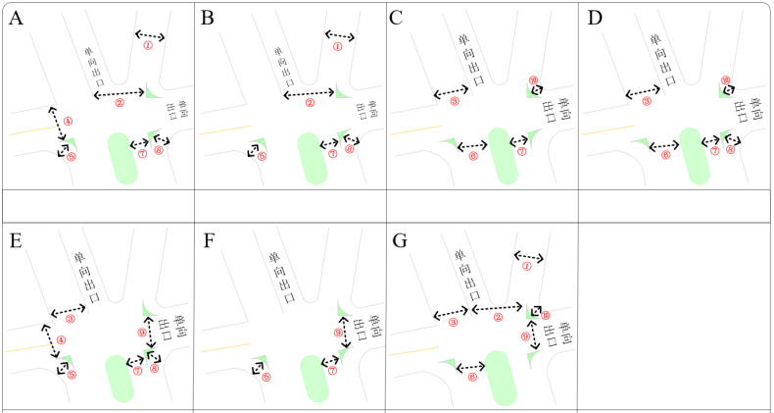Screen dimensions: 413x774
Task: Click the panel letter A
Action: click(x=17, y=17)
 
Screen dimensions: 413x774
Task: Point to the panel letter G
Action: click(x=400, y=240)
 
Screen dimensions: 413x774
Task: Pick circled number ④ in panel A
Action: click(x=68, y=122)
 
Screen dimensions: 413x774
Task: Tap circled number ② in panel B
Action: click(x=310, y=102)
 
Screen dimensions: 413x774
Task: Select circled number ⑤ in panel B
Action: click(x=262, y=156)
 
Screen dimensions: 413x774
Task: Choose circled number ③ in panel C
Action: click(x=454, y=101)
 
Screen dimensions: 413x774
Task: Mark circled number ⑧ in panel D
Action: click(x=731, y=150)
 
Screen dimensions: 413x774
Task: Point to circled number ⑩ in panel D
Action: click(x=725, y=79)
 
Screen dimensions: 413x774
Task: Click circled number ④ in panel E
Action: click(x=61, y=340)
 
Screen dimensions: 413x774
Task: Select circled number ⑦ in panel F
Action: click(x=332, y=371)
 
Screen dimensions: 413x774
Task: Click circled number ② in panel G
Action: click(x=498, y=317)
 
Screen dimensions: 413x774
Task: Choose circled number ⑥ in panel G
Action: click(x=472, y=377)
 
